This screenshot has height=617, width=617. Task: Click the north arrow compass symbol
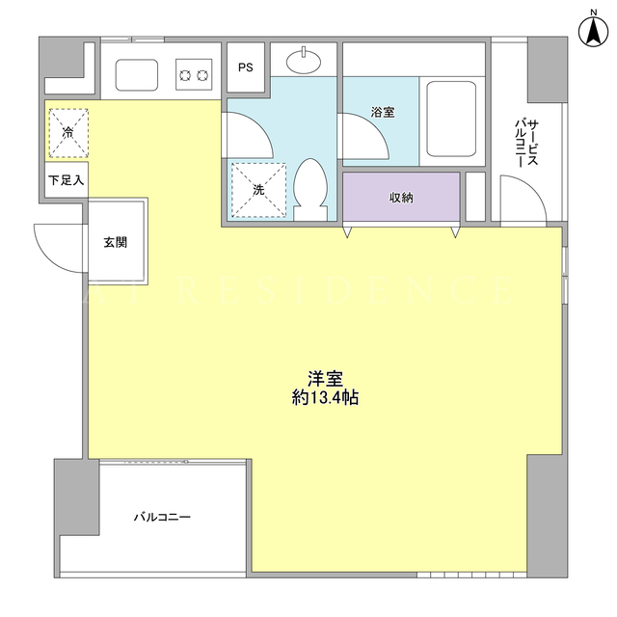click(594, 32)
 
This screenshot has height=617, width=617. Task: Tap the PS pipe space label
click(246, 67)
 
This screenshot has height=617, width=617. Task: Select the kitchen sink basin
click(137, 75)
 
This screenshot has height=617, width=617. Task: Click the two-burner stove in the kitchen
click(194, 74)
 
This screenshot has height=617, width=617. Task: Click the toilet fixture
click(310, 189)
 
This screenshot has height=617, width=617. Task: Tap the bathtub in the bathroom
click(451, 120)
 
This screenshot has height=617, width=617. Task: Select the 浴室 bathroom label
click(383, 112)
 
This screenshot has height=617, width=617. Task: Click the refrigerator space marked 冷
click(68, 133)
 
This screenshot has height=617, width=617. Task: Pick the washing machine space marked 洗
click(258, 190)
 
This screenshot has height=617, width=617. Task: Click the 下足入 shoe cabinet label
click(67, 180)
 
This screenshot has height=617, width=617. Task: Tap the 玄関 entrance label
click(116, 242)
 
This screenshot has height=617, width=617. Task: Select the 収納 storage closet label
click(401, 198)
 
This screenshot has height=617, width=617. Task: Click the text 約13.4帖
click(325, 398)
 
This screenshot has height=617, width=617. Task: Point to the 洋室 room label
click(325, 379)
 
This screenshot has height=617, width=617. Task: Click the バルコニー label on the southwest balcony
click(162, 517)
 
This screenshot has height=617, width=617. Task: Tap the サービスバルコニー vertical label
click(526, 144)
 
